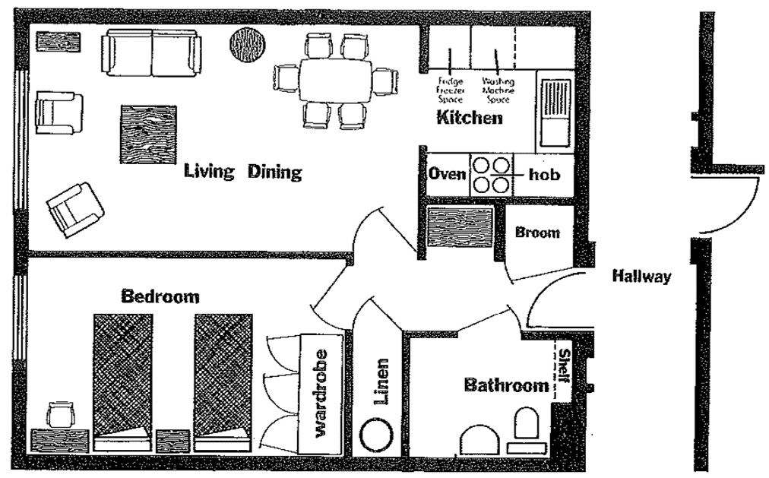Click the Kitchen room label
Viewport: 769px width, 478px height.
pyautogui.click(x=469, y=118)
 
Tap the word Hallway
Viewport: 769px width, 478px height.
pyautogui.click(x=642, y=277)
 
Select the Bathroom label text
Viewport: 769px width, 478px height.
pyautogui.click(x=505, y=385)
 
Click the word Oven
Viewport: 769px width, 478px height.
pyautogui.click(x=447, y=174)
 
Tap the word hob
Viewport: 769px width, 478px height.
pyautogui.click(x=544, y=175)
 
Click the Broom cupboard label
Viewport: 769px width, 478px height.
pyautogui.click(x=537, y=233)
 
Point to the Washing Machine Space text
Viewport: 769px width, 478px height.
pyautogui.click(x=498, y=89)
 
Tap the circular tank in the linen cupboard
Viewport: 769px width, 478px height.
pyautogui.click(x=376, y=437)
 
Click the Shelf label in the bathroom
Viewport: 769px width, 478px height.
pyautogui.click(x=564, y=368)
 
